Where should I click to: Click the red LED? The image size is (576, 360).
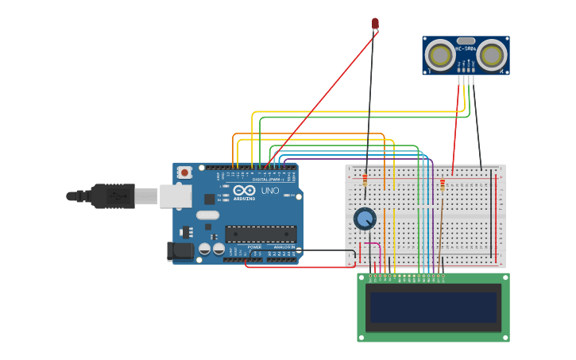click(375, 24)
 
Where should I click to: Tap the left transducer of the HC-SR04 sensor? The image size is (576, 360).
click(439, 55)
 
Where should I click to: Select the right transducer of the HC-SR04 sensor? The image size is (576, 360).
click(492, 55)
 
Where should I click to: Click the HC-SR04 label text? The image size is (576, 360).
click(466, 49)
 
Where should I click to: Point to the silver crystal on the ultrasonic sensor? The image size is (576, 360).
click(466, 41)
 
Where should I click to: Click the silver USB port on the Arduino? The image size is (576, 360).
click(175, 195)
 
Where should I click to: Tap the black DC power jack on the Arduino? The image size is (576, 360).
click(180, 251)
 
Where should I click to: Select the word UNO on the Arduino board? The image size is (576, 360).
click(270, 191)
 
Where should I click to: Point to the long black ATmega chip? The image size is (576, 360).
click(261, 234)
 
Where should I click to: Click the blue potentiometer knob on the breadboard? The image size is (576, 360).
click(364, 219)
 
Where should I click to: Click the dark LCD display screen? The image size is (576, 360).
click(433, 308)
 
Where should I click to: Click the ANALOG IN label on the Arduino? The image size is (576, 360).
click(284, 247)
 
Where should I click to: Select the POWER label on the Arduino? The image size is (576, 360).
click(254, 247)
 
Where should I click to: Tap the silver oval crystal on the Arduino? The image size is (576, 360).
click(207, 215)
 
